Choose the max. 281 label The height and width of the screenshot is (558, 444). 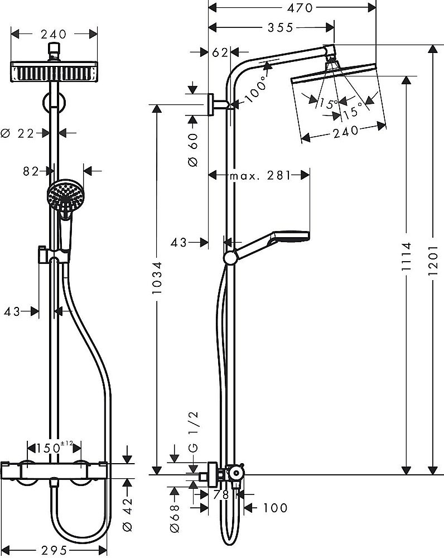[259, 176]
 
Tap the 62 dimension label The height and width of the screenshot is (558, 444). [221, 52]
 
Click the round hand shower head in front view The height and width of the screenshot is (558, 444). [63, 195]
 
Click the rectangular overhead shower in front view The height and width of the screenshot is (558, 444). [54, 73]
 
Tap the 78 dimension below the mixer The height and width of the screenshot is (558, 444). [220, 495]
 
